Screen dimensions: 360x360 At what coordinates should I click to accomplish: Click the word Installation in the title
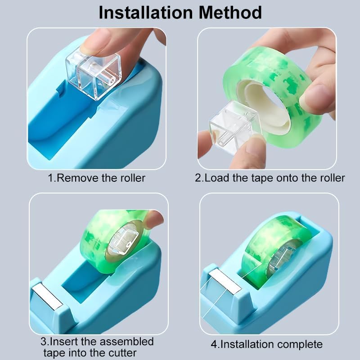[x=146, y=13]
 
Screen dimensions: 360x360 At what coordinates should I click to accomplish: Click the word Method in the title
[x=230, y=13]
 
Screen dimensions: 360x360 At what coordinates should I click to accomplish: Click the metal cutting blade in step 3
[x=47, y=297]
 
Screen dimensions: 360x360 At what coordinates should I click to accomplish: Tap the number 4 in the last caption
[x=214, y=345]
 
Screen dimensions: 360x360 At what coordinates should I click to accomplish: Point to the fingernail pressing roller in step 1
[x=92, y=41]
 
